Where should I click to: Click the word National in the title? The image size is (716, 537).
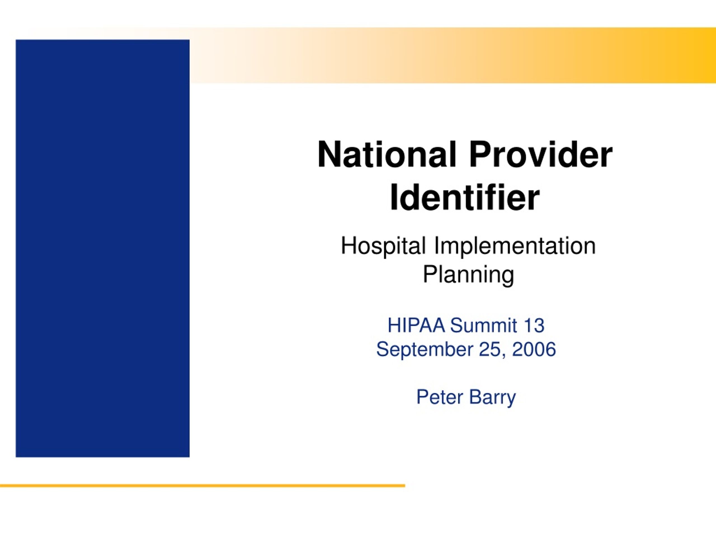pyautogui.click(x=387, y=155)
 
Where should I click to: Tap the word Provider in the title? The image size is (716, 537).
pyautogui.click(x=541, y=155)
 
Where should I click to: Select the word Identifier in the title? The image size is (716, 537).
pyautogui.click(x=465, y=197)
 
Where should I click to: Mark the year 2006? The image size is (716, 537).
pyautogui.click(x=534, y=349)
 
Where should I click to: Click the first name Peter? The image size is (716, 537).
pyautogui.click(x=440, y=397)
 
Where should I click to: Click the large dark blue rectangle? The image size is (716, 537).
pyautogui.click(x=103, y=248)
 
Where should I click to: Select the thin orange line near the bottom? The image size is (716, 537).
pyautogui.click(x=202, y=486)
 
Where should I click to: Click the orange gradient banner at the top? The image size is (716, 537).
pyautogui.click(x=453, y=55)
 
